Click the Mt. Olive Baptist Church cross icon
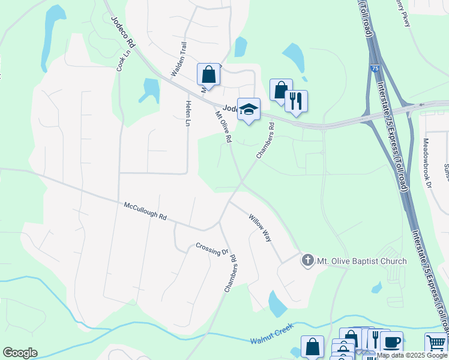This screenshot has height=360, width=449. (307, 261)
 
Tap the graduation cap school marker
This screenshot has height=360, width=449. (249, 109)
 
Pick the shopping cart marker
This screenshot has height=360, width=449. (436, 344)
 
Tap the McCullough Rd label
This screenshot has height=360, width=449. (145, 212)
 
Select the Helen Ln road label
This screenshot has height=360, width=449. (188, 113)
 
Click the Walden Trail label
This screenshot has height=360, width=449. (180, 59)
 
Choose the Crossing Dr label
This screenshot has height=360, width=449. (212, 248)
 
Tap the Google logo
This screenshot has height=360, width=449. (20, 353)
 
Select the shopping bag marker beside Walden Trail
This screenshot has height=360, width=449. (208, 75)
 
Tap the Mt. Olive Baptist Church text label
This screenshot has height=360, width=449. (361, 261)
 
